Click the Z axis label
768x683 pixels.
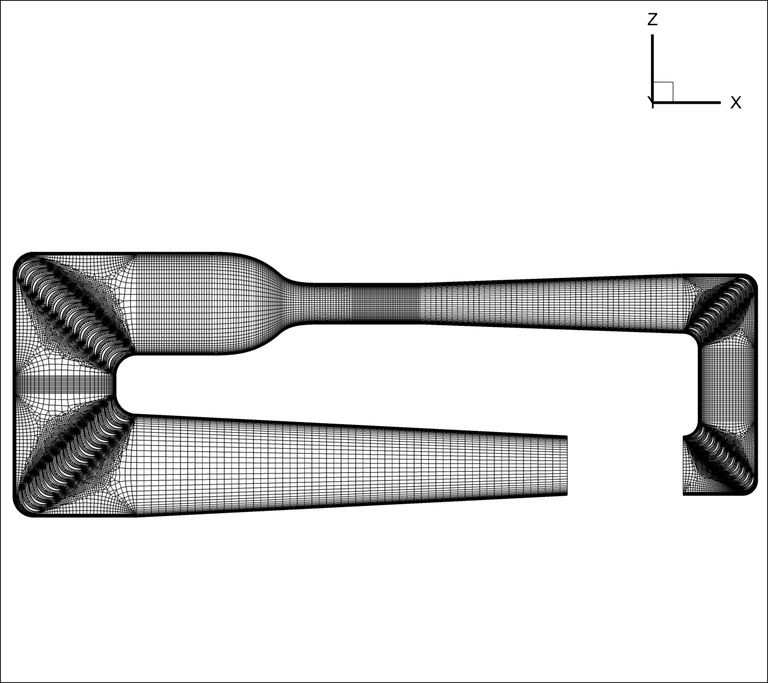(x=652, y=19)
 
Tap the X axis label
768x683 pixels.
(x=736, y=103)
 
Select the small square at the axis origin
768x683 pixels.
(x=663, y=92)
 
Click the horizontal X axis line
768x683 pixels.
(x=686, y=103)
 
